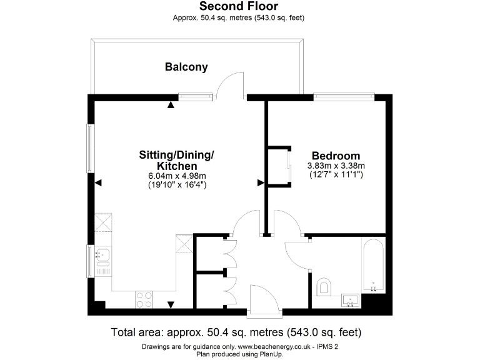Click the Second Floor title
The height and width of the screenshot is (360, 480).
(239, 6)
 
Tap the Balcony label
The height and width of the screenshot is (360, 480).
(186, 67)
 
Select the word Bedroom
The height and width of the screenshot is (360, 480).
(336, 156)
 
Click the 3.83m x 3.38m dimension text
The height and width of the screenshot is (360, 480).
(336, 166)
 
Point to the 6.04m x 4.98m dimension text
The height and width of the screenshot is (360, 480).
(177, 177)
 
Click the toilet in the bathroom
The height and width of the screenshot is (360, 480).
(324, 287)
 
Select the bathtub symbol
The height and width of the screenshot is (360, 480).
(373, 266)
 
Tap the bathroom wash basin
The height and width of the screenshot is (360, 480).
(350, 301)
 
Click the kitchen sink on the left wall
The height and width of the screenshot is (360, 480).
(102, 254)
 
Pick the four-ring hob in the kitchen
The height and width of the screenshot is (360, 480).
(144, 299)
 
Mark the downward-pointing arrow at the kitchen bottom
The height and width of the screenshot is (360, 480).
(170, 304)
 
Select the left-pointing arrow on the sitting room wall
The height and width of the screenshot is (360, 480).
(97, 183)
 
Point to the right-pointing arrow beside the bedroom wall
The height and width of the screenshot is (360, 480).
(261, 182)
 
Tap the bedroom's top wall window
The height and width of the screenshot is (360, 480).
(344, 97)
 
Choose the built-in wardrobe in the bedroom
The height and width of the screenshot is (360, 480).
(279, 166)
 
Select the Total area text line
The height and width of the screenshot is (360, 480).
(236, 332)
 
